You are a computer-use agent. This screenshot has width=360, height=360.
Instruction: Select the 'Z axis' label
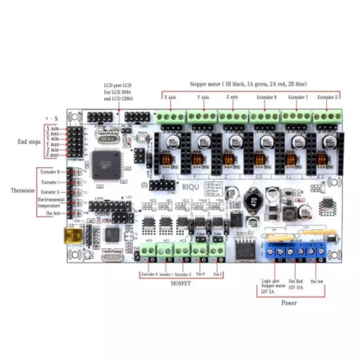(232, 97)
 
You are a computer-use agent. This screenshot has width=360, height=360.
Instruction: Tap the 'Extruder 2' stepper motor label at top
(327, 97)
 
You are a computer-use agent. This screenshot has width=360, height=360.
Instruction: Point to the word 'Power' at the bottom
(289, 303)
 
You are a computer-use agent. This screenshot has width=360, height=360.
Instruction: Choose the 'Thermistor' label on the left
(23, 190)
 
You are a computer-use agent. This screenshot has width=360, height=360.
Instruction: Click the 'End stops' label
(29, 142)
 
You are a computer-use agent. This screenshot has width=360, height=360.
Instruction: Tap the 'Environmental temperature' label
(52, 203)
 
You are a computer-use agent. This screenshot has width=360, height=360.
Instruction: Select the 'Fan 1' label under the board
(217, 274)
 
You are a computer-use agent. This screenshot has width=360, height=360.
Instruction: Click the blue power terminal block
(296, 251)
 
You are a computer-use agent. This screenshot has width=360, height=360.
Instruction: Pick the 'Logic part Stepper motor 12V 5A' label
(267, 285)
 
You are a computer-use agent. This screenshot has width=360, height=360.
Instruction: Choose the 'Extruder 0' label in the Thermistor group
(50, 172)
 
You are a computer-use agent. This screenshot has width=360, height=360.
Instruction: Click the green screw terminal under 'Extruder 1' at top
(296, 117)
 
